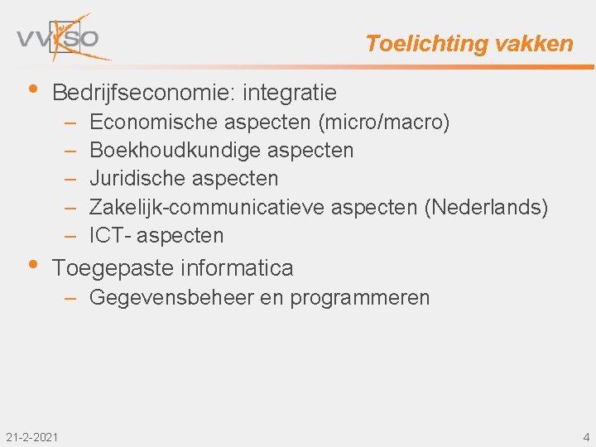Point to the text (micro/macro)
point(383,123)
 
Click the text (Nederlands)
point(486,207)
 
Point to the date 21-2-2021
point(31,436)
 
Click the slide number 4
point(586,436)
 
